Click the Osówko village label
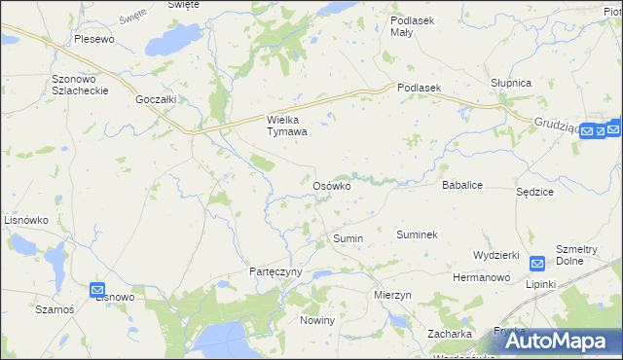[331, 186]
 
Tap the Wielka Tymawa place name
[287, 126]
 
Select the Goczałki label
[156, 99]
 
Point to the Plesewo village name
[94, 40]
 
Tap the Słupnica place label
[511, 83]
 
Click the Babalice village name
[463, 184]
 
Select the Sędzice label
[534, 192]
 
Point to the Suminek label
[417, 235]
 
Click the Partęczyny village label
[276, 271]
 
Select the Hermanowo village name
[482, 278]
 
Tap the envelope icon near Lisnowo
[97, 290]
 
